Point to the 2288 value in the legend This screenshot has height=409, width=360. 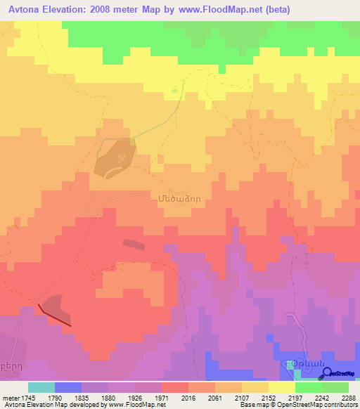tap(349, 398)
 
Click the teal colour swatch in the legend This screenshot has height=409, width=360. tap(41, 387)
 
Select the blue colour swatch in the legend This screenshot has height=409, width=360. tap(68, 387)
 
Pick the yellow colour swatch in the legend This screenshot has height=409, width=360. tap(283, 387)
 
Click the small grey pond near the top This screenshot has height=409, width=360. tap(174, 90)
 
